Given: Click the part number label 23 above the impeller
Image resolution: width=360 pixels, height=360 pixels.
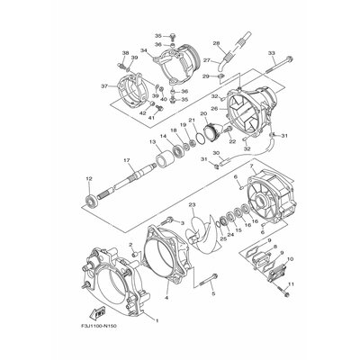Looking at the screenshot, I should pyautogui.click(x=191, y=205).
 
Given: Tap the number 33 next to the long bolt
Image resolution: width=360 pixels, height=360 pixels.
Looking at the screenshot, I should pyautogui.click(x=272, y=54).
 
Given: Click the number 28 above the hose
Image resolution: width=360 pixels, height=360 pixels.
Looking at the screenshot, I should pyautogui.click(x=216, y=42).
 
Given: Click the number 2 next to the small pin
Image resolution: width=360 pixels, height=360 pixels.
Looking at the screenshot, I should pyautogui.click(x=130, y=244).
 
